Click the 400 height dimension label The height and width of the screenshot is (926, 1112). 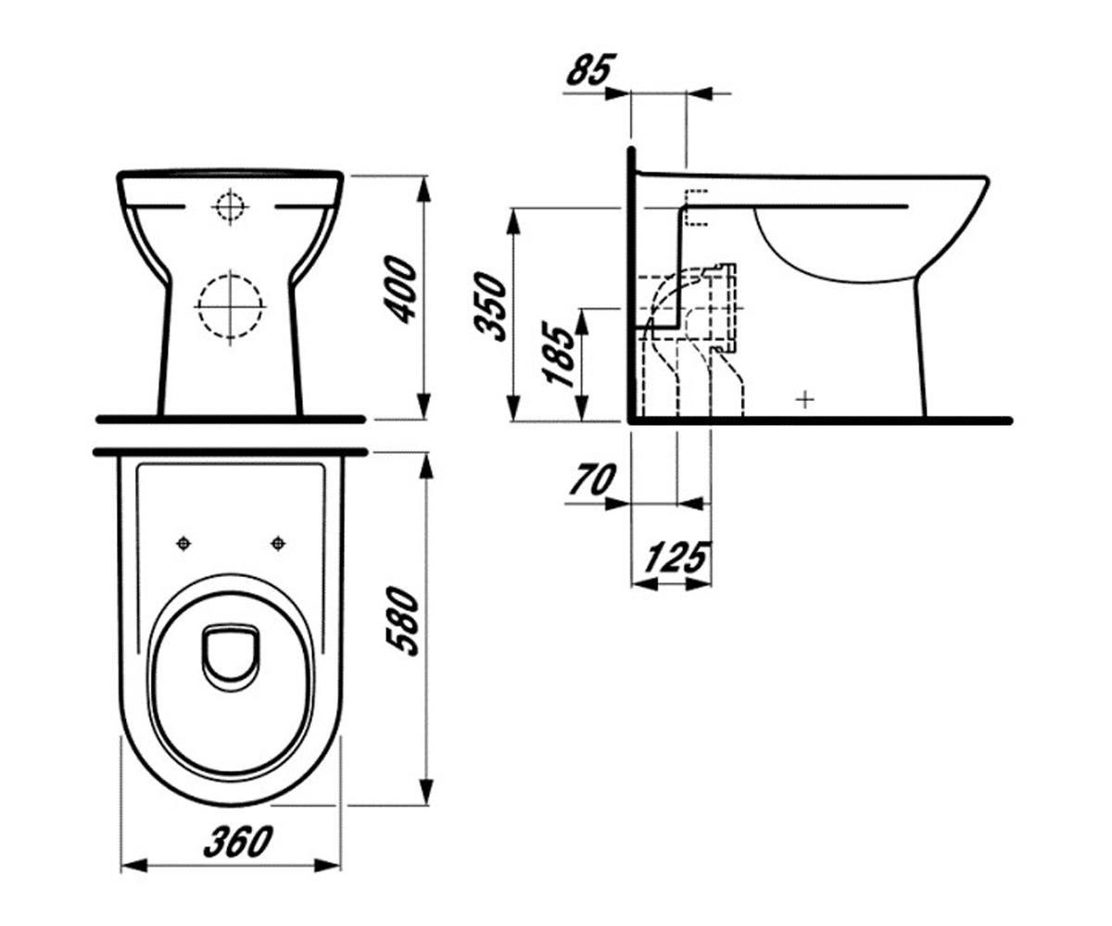pos(399,289)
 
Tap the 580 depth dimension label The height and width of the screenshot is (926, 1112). pos(403,620)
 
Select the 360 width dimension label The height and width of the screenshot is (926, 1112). pos(238,842)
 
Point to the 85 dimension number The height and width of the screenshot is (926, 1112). pos(591,69)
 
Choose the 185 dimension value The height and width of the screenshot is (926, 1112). pos(560,353)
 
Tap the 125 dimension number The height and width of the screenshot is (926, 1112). pos(676,557)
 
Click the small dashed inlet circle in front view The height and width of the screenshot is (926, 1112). pos(230,206)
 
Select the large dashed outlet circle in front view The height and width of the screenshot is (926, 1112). pos(230,307)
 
